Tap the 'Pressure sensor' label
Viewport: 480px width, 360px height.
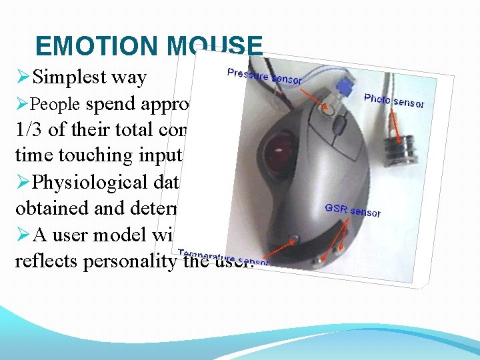click(x=265, y=76)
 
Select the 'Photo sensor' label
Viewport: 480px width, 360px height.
click(x=394, y=101)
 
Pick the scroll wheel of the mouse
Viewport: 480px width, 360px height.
click(x=339, y=124)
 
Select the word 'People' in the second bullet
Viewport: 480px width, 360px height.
click(x=57, y=105)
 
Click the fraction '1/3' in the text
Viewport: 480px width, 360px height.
click(x=28, y=129)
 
